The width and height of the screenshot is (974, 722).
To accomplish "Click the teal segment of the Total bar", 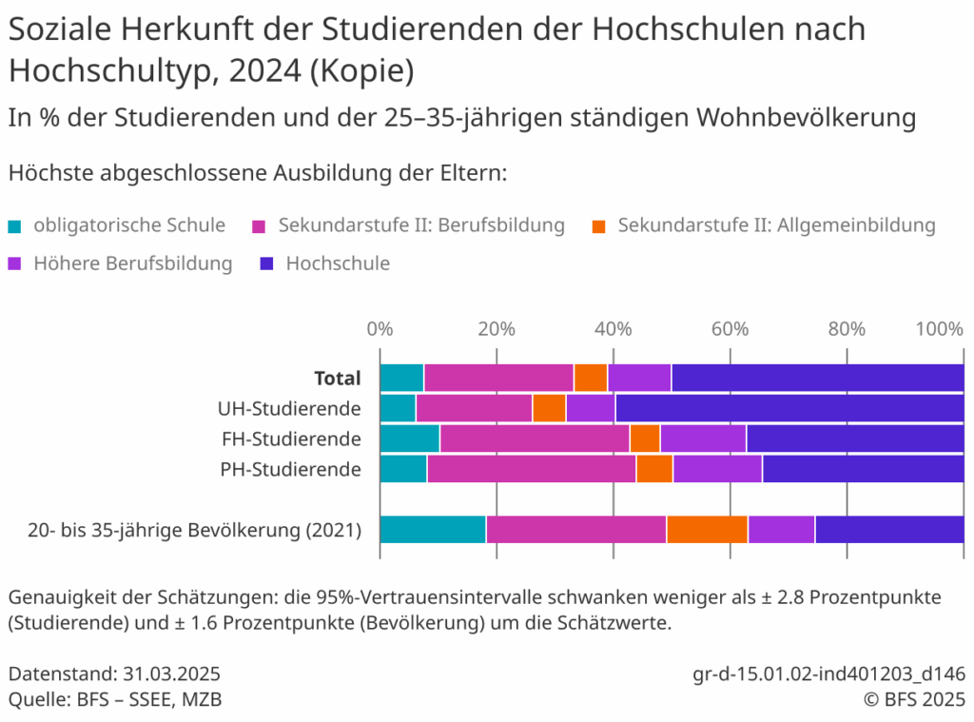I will (x=401, y=378).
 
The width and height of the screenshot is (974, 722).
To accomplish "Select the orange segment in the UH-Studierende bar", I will (x=549, y=408).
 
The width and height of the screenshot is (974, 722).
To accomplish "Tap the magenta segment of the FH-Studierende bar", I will (x=535, y=439).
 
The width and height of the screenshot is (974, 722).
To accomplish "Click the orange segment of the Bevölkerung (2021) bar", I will (x=707, y=529).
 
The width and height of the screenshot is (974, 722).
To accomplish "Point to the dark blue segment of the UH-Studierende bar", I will (x=789, y=408).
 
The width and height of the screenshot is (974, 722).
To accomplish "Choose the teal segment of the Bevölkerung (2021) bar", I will (x=433, y=529).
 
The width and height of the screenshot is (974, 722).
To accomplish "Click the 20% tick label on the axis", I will (x=496, y=329).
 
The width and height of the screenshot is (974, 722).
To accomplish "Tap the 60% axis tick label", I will (x=730, y=329).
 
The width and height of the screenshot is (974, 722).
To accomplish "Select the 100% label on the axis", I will (x=939, y=329).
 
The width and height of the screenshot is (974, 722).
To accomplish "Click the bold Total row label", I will (x=338, y=378).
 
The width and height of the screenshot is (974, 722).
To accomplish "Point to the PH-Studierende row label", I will (x=290, y=469).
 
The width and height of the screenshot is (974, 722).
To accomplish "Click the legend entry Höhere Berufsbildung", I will (x=132, y=263).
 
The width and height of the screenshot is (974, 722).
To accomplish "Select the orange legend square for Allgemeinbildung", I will (x=599, y=226).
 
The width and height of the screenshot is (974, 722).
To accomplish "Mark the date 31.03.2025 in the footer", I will (x=172, y=674).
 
